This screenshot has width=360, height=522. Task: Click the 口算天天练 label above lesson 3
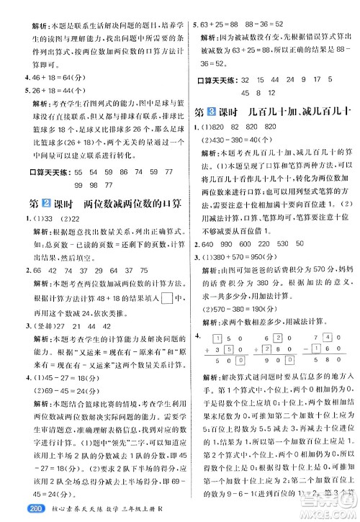coord(214,80)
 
